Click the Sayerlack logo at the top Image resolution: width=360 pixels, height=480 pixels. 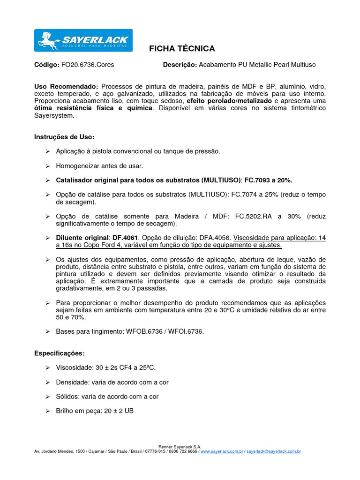click(83, 40)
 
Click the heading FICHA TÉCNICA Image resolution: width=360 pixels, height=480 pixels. click(182, 49)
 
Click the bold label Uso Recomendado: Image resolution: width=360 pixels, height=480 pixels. click(66, 87)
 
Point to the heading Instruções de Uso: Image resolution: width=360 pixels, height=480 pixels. click(64, 137)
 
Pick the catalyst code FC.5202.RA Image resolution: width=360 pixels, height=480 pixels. click(255, 216)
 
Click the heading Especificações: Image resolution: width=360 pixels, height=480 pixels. click(60, 353)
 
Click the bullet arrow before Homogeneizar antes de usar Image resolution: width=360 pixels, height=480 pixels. click(47, 166)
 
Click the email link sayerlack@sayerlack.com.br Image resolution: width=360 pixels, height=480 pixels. click(273, 451)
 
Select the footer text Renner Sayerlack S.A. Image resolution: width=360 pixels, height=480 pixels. click(180, 447)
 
